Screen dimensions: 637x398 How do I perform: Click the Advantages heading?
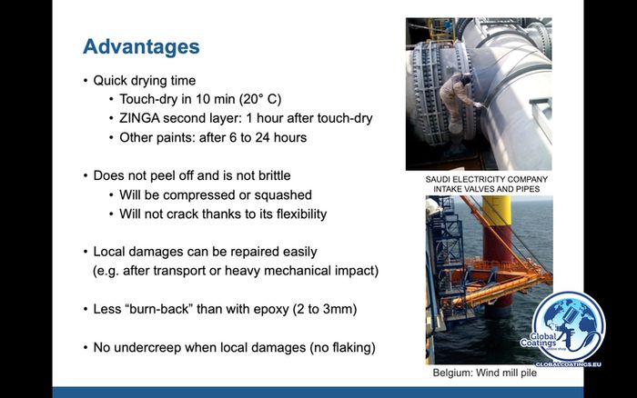point(141,47)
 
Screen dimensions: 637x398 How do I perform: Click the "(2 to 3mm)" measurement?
point(325,309)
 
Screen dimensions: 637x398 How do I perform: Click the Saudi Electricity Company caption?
point(486,184)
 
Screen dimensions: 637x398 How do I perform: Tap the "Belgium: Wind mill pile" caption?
point(485,373)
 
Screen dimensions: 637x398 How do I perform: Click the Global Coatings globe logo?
point(568,326)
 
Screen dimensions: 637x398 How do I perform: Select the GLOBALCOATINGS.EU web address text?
point(568,364)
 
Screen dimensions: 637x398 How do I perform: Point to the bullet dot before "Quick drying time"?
point(86,80)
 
